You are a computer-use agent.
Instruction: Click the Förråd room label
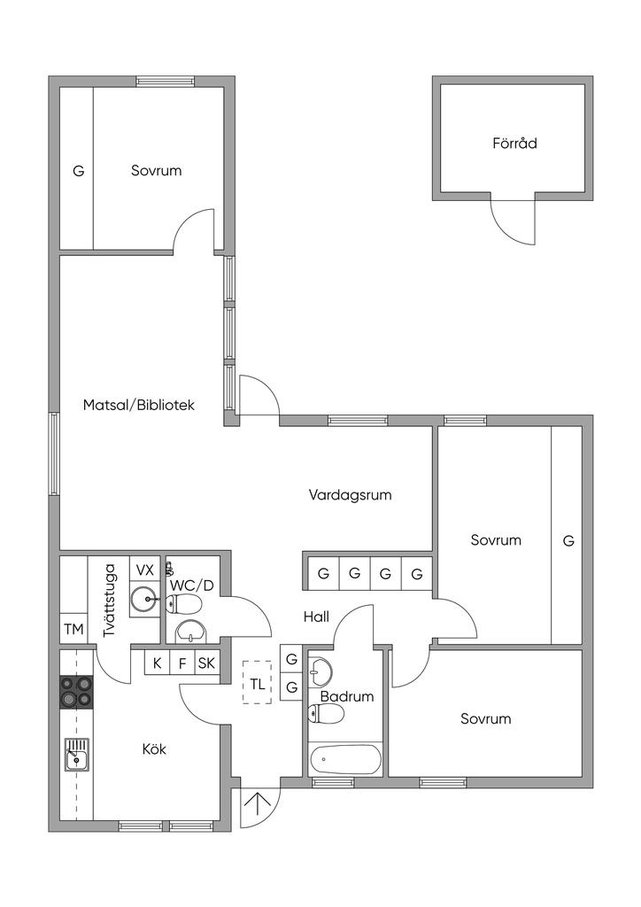[514, 143]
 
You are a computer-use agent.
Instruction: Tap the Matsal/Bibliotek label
[138, 405]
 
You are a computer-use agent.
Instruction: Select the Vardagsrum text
[350, 494]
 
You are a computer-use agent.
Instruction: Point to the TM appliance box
[73, 630]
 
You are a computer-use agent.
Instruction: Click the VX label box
[144, 569]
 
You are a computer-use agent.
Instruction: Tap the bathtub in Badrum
[345, 759]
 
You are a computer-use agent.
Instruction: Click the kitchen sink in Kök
[76, 755]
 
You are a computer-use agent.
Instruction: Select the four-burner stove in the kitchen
[76, 692]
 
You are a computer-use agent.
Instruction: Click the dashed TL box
[257, 683]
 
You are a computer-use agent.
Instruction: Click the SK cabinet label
[206, 663]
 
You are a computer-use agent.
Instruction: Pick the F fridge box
[182, 663]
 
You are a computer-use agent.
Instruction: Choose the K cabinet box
[157, 663]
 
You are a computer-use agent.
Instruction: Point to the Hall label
[316, 616]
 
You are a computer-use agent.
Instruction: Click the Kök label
[154, 749]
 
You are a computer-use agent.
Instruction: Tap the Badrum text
[347, 696]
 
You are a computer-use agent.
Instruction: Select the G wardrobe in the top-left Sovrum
[78, 171]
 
